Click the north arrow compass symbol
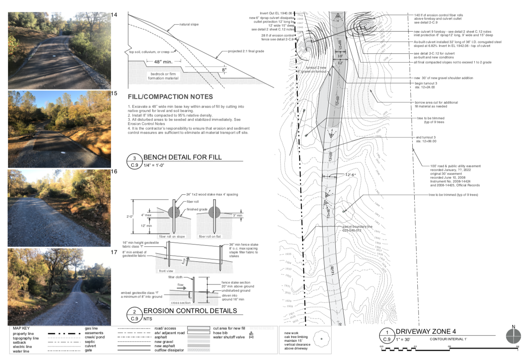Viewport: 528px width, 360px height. tap(513, 336)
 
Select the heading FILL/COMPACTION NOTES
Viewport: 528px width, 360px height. tap(170, 97)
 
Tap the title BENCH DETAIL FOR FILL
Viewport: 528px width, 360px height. tap(182, 157)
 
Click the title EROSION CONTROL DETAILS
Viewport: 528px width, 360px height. tap(190, 311)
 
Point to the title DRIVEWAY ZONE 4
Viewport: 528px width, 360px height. tap(426, 332)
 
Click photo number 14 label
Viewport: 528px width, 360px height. tap(114, 15)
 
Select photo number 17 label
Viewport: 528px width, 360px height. tap(114, 252)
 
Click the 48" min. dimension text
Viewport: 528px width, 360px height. tap(163, 62)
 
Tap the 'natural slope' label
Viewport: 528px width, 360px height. tap(189, 25)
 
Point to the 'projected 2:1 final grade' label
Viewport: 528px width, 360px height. tap(246, 51)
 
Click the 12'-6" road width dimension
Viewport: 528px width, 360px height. tap(351, 175)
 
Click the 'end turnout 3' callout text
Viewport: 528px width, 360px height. tap(426, 137)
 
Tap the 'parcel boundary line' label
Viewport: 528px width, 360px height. tap(357, 226)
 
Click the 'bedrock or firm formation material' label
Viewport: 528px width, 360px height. tap(163, 76)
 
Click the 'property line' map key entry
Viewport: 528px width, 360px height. tap(23, 334)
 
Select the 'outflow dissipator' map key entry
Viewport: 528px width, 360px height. tap(169, 350)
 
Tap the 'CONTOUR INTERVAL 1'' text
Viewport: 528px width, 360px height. tap(448, 339)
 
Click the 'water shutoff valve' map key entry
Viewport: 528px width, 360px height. tap(229, 337)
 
